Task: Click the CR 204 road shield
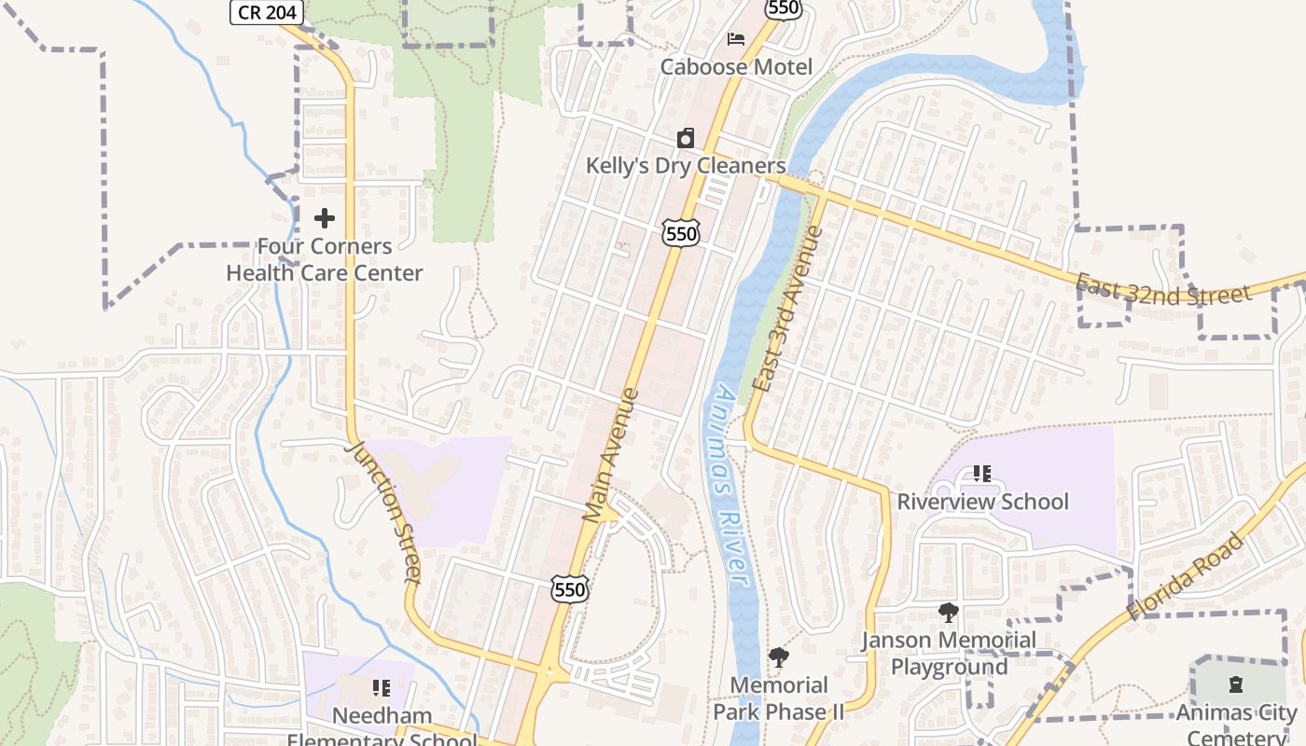pyautogui.click(x=267, y=12)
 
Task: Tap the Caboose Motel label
pyautogui.click(x=736, y=67)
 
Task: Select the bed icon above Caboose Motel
pyautogui.click(x=736, y=39)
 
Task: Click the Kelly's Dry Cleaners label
pyautogui.click(x=686, y=166)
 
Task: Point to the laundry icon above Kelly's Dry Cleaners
pyautogui.click(x=686, y=139)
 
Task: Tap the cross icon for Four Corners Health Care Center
pyautogui.click(x=325, y=218)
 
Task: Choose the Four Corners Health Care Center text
pyautogui.click(x=325, y=260)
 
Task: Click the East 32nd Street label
pyautogui.click(x=1162, y=291)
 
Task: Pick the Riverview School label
pyautogui.click(x=982, y=502)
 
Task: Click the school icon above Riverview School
pyautogui.click(x=981, y=474)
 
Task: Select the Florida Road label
pyautogui.click(x=1186, y=576)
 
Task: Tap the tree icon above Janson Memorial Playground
pyautogui.click(x=949, y=613)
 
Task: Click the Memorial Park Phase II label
pyautogui.click(x=779, y=699)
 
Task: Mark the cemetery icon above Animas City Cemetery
pyautogui.click(x=1236, y=685)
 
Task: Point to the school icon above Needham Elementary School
pyautogui.click(x=381, y=688)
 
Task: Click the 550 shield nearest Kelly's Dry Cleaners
pyautogui.click(x=682, y=233)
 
